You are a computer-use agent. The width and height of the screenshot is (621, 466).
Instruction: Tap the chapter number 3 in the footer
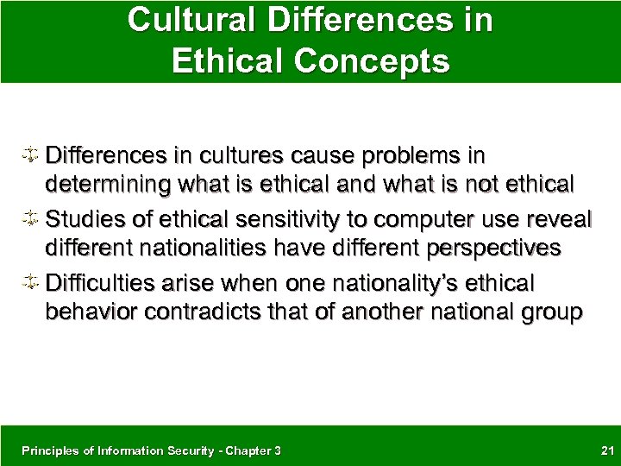click(x=277, y=450)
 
